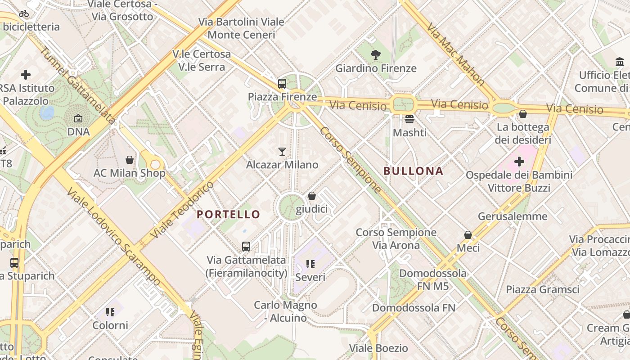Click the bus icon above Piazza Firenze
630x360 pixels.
[x=282, y=83]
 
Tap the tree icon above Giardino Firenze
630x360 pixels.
[x=375, y=55]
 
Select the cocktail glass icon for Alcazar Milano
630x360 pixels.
[x=282, y=151]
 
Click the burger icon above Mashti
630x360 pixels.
[x=409, y=119]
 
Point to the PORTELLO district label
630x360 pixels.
[x=229, y=214]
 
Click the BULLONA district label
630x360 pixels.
[x=413, y=171]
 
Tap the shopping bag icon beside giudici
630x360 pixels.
[x=312, y=196]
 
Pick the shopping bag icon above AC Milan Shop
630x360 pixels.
[x=130, y=160]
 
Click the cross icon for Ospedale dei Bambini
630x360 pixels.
[x=519, y=161]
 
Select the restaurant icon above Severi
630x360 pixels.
[x=310, y=264]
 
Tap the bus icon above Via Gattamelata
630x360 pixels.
[x=246, y=247]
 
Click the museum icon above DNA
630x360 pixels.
[x=78, y=119]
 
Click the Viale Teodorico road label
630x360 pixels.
[x=182, y=210]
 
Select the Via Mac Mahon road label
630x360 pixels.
[x=455, y=55]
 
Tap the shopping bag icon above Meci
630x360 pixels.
[x=468, y=235]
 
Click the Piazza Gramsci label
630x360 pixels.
[x=543, y=289]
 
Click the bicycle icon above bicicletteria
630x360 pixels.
[x=24, y=13]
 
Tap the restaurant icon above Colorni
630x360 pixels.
[x=110, y=312]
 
